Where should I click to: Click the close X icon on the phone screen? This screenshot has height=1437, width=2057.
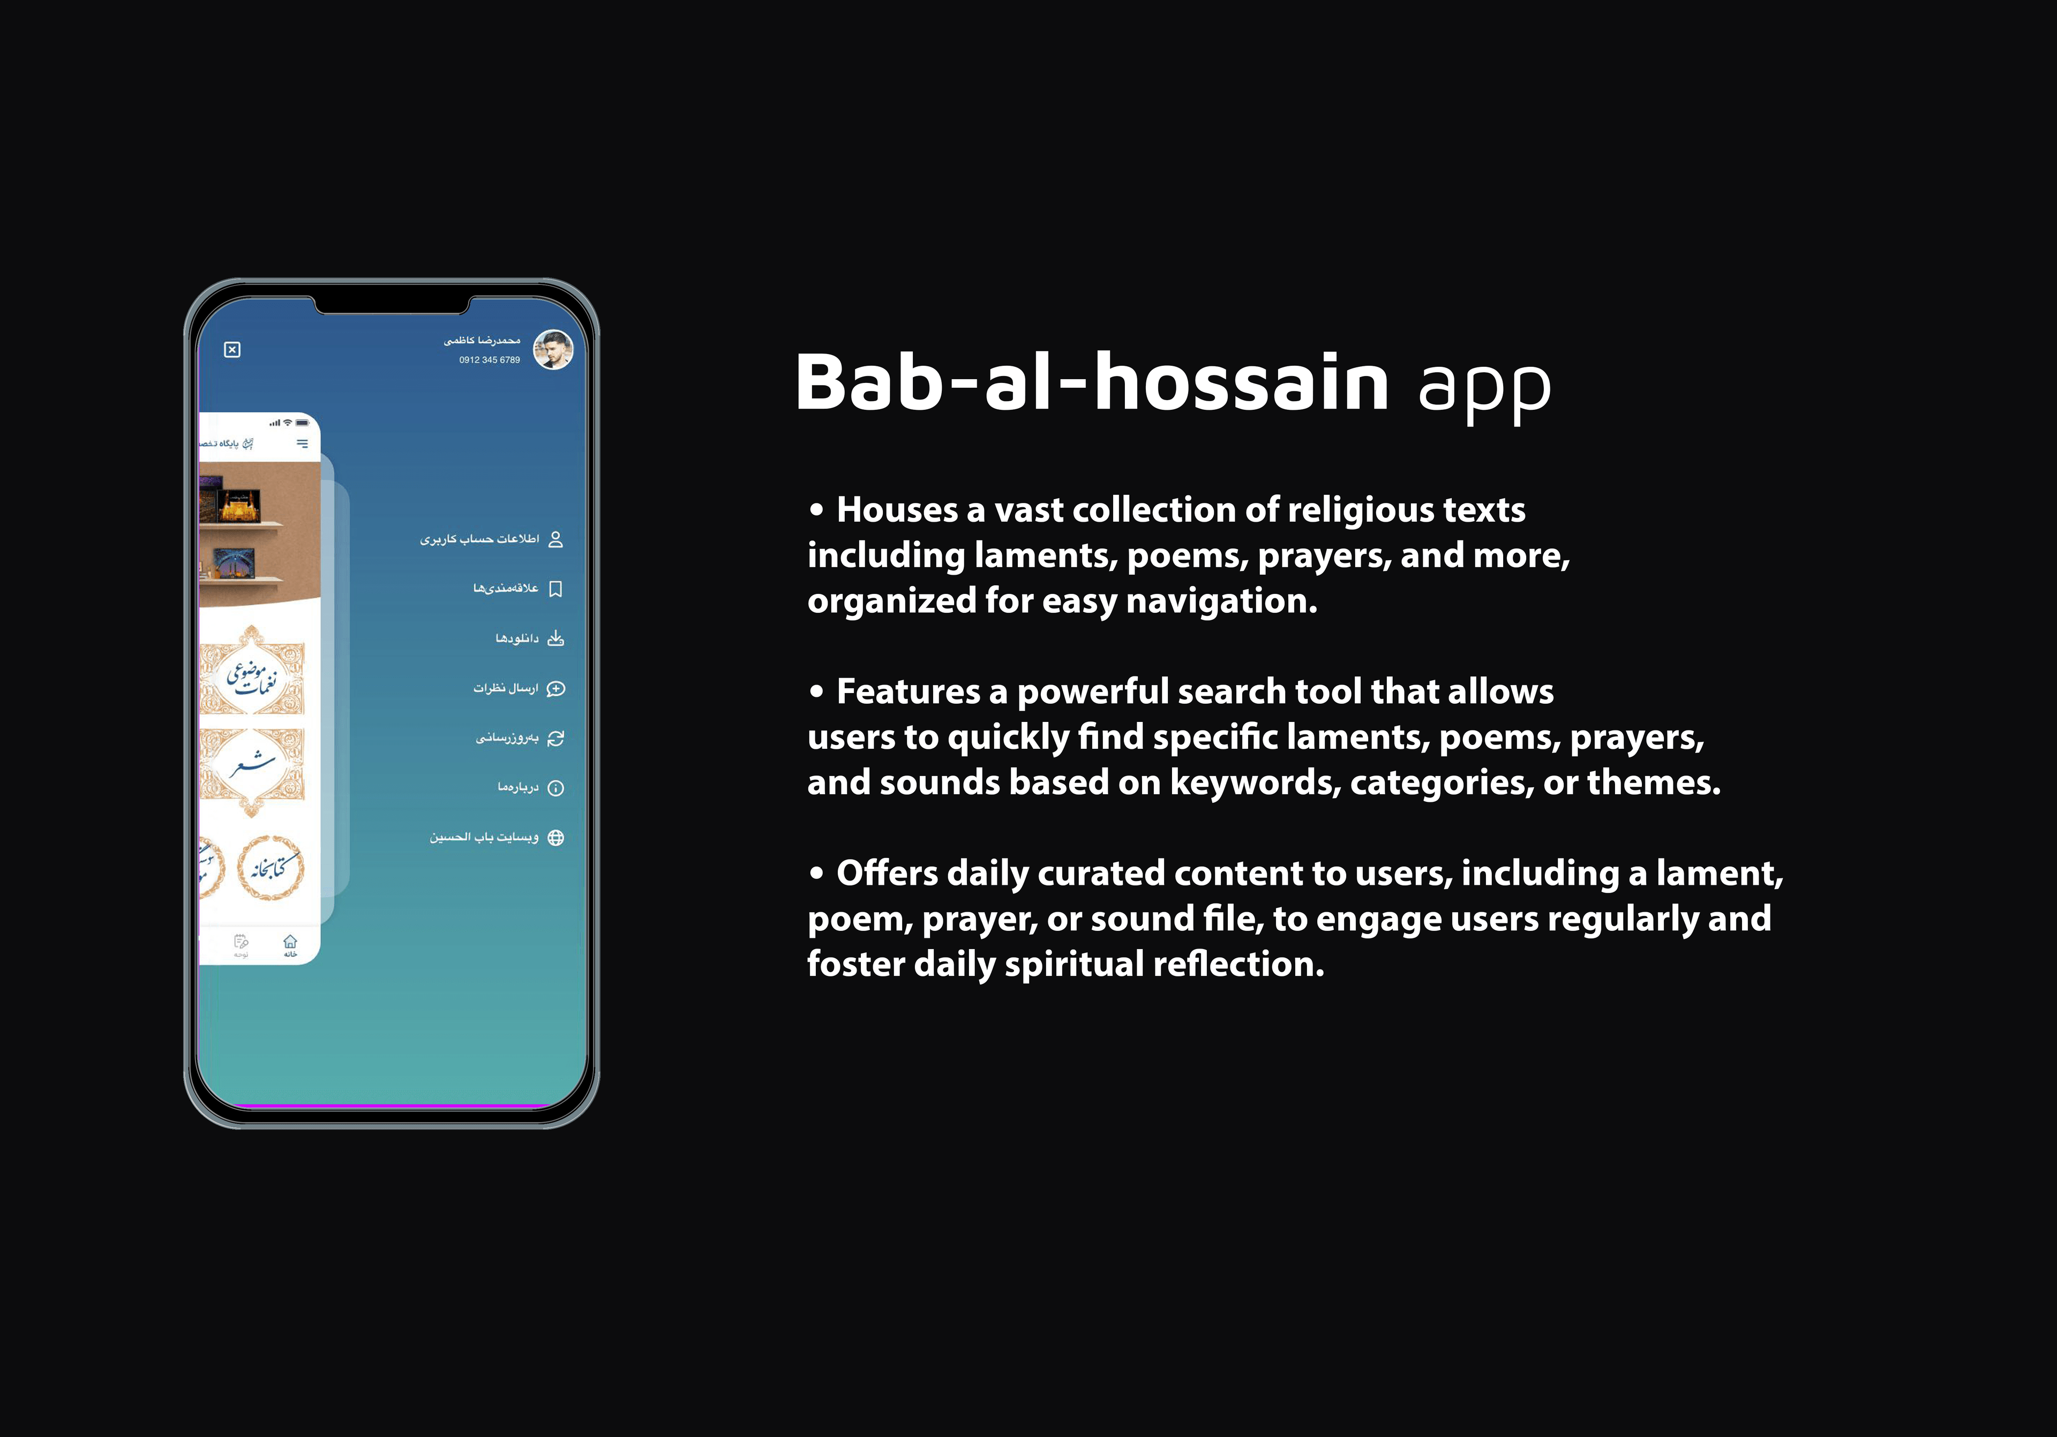pyautogui.click(x=232, y=349)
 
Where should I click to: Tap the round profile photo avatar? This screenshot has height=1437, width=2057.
pyautogui.click(x=553, y=349)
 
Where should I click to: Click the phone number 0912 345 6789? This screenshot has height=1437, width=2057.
pyautogui.click(x=489, y=360)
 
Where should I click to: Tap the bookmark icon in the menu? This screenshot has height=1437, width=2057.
pyautogui.click(x=555, y=589)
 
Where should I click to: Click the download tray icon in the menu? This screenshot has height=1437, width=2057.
pyautogui.click(x=555, y=638)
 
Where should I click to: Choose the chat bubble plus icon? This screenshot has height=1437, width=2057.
pyautogui.click(x=555, y=688)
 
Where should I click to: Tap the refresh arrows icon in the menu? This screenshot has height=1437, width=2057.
pyautogui.click(x=555, y=738)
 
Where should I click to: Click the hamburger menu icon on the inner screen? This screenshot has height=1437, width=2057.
pyautogui.click(x=302, y=443)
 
